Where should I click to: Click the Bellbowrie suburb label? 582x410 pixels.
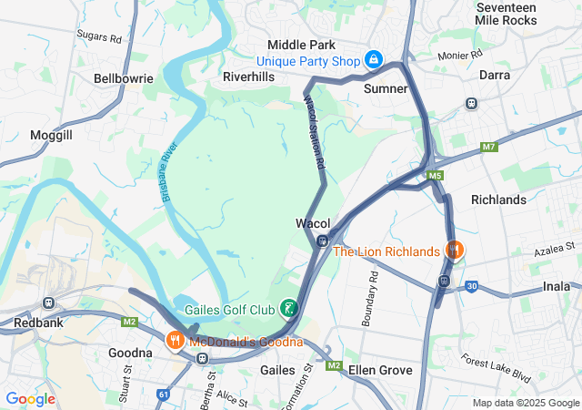(x=123, y=79)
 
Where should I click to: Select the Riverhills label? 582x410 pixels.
(x=248, y=77)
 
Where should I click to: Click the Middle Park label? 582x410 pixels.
(x=301, y=45)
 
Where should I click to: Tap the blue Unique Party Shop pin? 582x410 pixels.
(x=372, y=60)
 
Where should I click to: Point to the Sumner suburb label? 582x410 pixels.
(x=386, y=88)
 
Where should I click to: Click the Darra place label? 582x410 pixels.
(x=495, y=75)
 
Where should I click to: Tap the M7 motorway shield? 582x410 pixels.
(x=490, y=147)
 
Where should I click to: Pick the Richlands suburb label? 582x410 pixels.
(x=498, y=200)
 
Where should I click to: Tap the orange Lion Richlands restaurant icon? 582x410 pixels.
(x=454, y=249)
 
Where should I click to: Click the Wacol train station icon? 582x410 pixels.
(x=323, y=241)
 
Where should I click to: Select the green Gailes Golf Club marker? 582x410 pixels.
(x=289, y=309)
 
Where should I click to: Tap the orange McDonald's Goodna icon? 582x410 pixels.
(x=175, y=342)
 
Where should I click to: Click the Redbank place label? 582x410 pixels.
(x=36, y=323)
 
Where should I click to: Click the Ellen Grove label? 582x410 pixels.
(x=380, y=370)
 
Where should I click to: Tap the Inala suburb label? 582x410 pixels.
(x=556, y=286)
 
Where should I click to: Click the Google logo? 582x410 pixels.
(x=30, y=399)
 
